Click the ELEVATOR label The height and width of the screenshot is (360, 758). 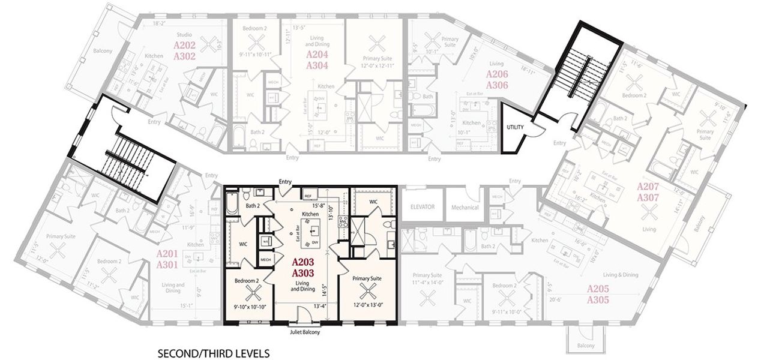click(x=422, y=207)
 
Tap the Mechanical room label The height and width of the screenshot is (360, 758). click(x=465, y=208)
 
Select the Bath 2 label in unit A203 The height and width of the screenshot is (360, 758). click(x=252, y=206)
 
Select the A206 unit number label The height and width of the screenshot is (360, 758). click(x=497, y=74)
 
